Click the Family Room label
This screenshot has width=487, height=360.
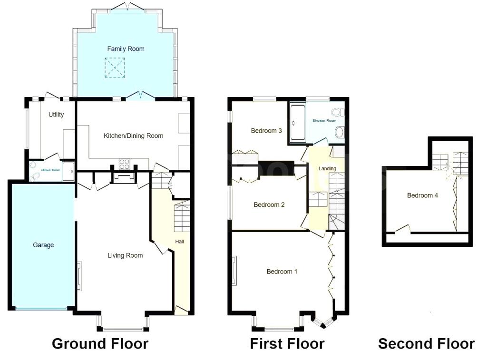(126, 49)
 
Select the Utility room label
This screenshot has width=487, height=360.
(56, 115)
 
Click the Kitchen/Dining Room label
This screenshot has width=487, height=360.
(133, 136)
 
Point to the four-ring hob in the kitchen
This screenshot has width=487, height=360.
(125, 164)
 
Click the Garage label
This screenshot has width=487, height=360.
(43, 245)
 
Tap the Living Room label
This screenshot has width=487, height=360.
(125, 256)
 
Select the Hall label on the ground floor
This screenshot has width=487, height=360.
(179, 242)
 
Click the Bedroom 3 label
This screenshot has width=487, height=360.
(266, 131)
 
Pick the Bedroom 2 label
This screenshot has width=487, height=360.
(269, 204)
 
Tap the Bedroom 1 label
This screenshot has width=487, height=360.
(282, 272)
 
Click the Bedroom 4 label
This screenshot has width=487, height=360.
(422, 195)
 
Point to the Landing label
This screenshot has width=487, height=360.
(327, 168)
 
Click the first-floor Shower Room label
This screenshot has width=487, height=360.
(324, 120)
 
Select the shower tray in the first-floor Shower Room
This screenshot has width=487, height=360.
(298, 123)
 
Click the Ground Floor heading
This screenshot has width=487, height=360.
(100, 344)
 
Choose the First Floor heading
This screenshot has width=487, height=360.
(287, 344)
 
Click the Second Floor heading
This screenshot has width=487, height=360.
(426, 344)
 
